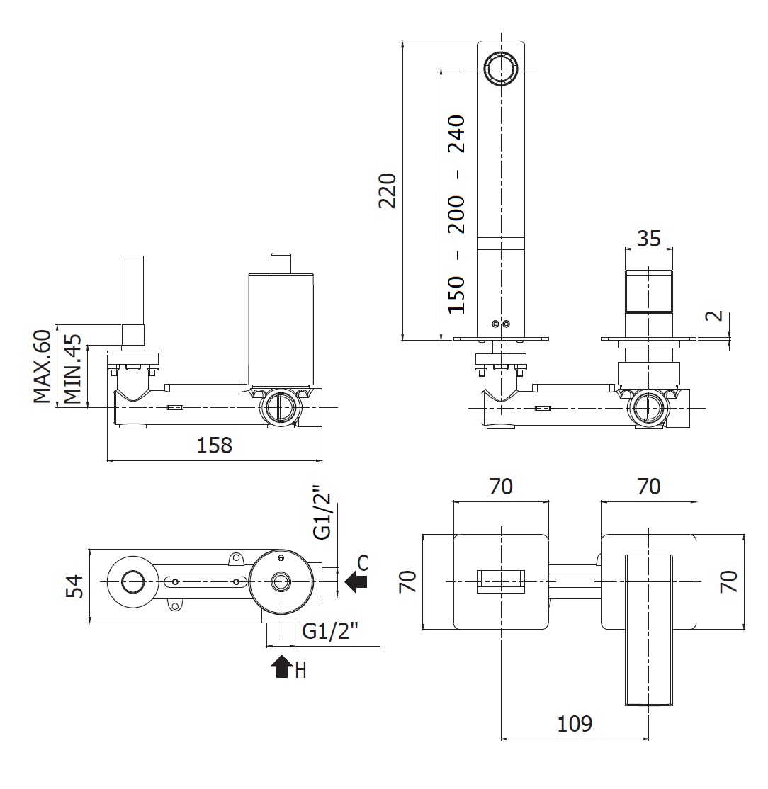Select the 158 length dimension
(214, 445)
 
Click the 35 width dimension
(648, 238)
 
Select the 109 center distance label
(575, 724)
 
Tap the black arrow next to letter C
(356, 582)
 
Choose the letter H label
(300, 671)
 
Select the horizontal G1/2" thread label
(330, 630)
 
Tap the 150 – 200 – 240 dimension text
(457, 214)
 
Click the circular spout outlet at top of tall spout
(502, 69)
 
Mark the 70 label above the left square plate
(500, 487)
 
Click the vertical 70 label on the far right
(729, 581)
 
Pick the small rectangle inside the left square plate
(501, 581)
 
